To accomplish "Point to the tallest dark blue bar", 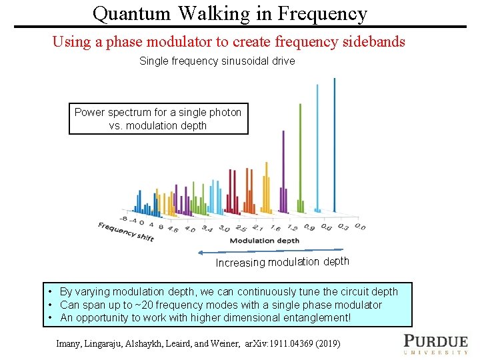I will pos(334,143).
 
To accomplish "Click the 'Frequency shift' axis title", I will pos(126,231).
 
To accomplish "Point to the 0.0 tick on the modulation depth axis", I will pos(359,227).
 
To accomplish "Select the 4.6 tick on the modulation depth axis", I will pos(173,229).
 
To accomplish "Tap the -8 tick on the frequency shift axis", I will pos(124,219).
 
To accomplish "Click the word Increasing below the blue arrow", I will pos(240,263).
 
